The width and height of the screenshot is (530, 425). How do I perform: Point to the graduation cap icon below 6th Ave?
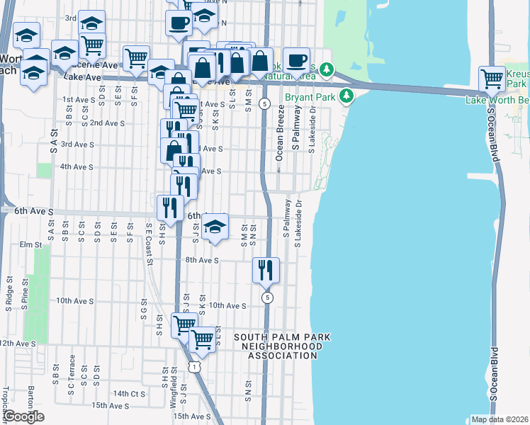(x=215, y=227)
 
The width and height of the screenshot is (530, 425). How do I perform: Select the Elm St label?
(x=31, y=244)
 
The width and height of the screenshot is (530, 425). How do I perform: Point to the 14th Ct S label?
(x=128, y=393)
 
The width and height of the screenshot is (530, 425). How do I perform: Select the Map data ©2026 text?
(x=498, y=419)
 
